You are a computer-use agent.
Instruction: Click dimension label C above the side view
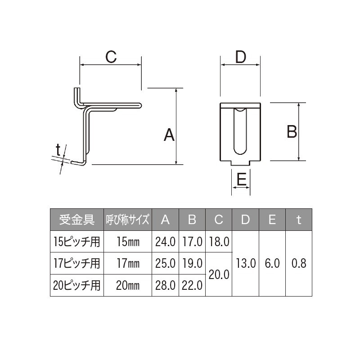coord(111,57)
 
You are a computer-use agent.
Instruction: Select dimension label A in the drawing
coord(169,135)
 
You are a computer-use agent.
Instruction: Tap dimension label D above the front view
coord(241,57)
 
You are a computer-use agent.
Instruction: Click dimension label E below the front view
coord(241,180)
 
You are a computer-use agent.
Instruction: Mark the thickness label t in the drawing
coord(58,149)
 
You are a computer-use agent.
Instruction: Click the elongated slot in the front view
coord(241,130)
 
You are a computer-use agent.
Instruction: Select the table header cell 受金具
coord(76,220)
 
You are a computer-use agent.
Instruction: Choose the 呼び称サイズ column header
coord(128,220)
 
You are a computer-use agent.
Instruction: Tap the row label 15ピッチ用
coord(76,242)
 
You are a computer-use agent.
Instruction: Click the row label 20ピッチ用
coord(76,285)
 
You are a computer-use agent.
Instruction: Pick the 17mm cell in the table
coord(128,263)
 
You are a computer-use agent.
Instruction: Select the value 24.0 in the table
coord(165,242)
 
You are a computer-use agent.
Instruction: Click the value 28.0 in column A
coord(165,285)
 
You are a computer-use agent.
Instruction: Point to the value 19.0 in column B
coord(192,263)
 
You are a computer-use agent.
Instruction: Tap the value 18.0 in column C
coord(219,242)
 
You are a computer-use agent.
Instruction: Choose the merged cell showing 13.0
coord(245,263)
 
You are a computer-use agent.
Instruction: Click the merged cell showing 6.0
coord(272,263)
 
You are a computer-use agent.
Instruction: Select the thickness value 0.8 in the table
coord(299,263)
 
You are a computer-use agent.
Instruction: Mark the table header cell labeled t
coord(299,220)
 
